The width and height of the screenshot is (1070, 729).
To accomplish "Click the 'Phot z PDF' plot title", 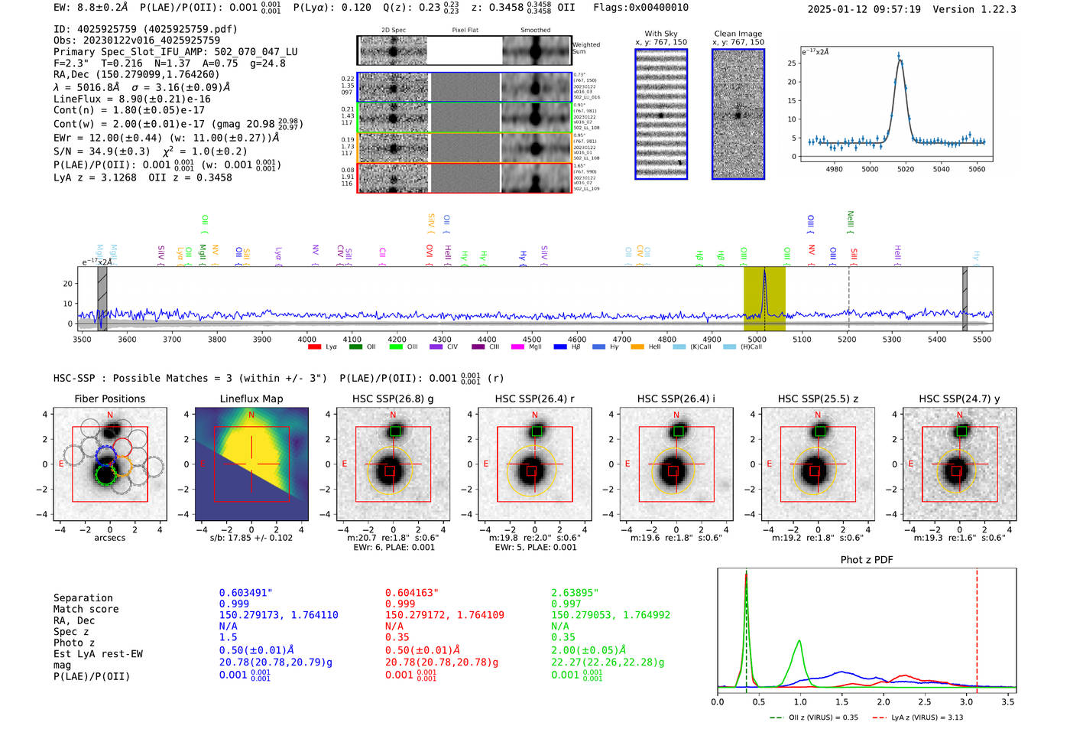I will (866, 560).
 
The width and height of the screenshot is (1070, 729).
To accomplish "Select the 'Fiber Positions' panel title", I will (109, 399).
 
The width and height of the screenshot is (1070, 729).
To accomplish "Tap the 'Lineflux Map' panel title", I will (251, 399).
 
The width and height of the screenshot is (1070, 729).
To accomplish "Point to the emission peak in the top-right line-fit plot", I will (899, 57).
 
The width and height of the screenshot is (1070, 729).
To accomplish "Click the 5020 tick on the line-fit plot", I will (906, 169).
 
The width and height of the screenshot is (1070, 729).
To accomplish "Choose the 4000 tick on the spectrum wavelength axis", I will (306, 339).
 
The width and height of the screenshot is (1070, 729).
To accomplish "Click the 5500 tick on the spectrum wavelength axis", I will (982, 339).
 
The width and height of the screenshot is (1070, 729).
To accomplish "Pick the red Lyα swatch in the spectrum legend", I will (314, 347).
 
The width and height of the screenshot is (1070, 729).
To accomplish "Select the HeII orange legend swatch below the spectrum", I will (637, 347).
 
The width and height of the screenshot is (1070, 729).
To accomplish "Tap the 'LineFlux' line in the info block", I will (132, 99).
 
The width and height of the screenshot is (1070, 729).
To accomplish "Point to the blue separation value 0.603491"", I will (245, 593).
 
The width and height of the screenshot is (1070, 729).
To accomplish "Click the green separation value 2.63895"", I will (575, 593).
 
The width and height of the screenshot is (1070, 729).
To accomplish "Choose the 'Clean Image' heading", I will (738, 34).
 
